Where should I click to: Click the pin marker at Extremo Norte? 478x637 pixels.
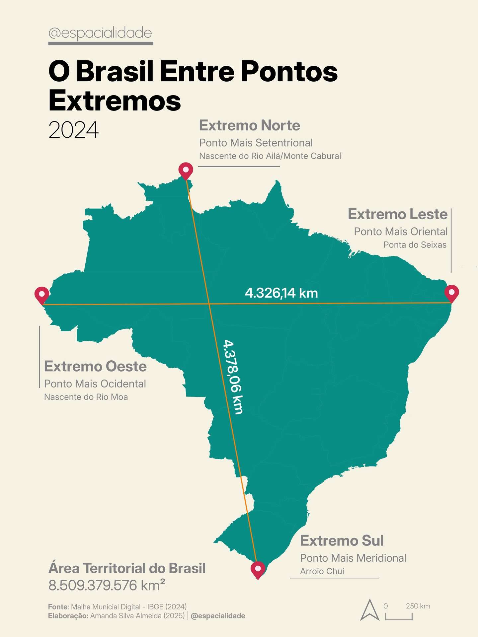pyautogui.click(x=186, y=170)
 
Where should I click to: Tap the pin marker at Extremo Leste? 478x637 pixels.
pyautogui.click(x=451, y=292)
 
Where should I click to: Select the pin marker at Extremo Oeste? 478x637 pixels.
pyautogui.click(x=42, y=294)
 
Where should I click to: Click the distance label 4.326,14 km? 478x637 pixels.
pyautogui.click(x=281, y=293)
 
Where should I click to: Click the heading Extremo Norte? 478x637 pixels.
pyautogui.click(x=250, y=125)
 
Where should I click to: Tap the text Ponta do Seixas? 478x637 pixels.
pyautogui.click(x=415, y=245)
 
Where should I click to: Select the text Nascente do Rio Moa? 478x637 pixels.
pyautogui.click(x=86, y=397)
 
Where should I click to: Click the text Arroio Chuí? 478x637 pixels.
pyautogui.click(x=322, y=571)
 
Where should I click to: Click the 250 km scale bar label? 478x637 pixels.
pyautogui.click(x=418, y=606)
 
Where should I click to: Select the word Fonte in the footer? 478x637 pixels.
pyautogui.click(x=58, y=607)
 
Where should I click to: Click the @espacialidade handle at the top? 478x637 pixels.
pyautogui.click(x=100, y=33)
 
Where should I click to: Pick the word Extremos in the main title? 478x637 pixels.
pyautogui.click(x=115, y=100)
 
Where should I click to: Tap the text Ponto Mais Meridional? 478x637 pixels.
pyautogui.click(x=353, y=558)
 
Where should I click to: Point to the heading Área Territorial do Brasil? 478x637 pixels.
pyautogui.click(x=127, y=568)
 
